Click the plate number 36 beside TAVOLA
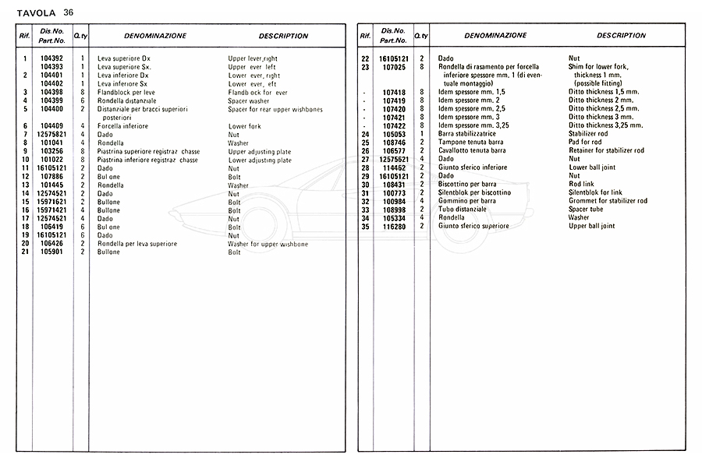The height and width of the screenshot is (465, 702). tap(69, 12)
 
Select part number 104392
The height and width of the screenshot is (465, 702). tap(52, 58)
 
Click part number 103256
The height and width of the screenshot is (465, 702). tap(52, 152)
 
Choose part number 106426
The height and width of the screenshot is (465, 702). tap(52, 244)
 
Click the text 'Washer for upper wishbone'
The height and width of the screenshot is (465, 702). tap(268, 244)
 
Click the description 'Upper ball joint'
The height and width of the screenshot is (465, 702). tap(592, 226)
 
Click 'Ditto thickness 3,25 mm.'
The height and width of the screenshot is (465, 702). tap(606, 125)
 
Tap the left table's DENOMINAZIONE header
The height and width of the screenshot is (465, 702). tap(154, 36)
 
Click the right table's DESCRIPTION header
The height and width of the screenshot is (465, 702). tap(621, 36)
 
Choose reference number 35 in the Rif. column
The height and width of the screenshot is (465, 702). tap(365, 226)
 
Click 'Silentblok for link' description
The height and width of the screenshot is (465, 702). tap(596, 192)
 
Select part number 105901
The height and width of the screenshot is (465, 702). tap(52, 252)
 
